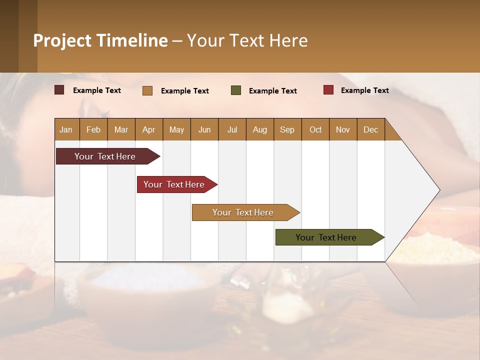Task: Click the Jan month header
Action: click(x=66, y=129)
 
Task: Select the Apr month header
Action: click(x=149, y=129)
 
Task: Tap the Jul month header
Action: click(x=232, y=129)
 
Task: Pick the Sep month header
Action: click(x=287, y=129)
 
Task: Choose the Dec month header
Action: click(x=371, y=129)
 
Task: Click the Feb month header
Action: click(x=93, y=129)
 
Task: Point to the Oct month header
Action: click(x=315, y=129)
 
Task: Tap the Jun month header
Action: click(x=204, y=129)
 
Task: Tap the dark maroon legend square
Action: click(x=59, y=90)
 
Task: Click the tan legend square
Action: click(x=147, y=90)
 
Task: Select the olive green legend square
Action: click(x=236, y=90)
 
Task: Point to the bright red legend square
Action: click(x=328, y=90)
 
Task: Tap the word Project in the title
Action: click(x=61, y=40)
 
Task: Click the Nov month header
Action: click(x=343, y=129)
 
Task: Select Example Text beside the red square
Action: click(x=364, y=90)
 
